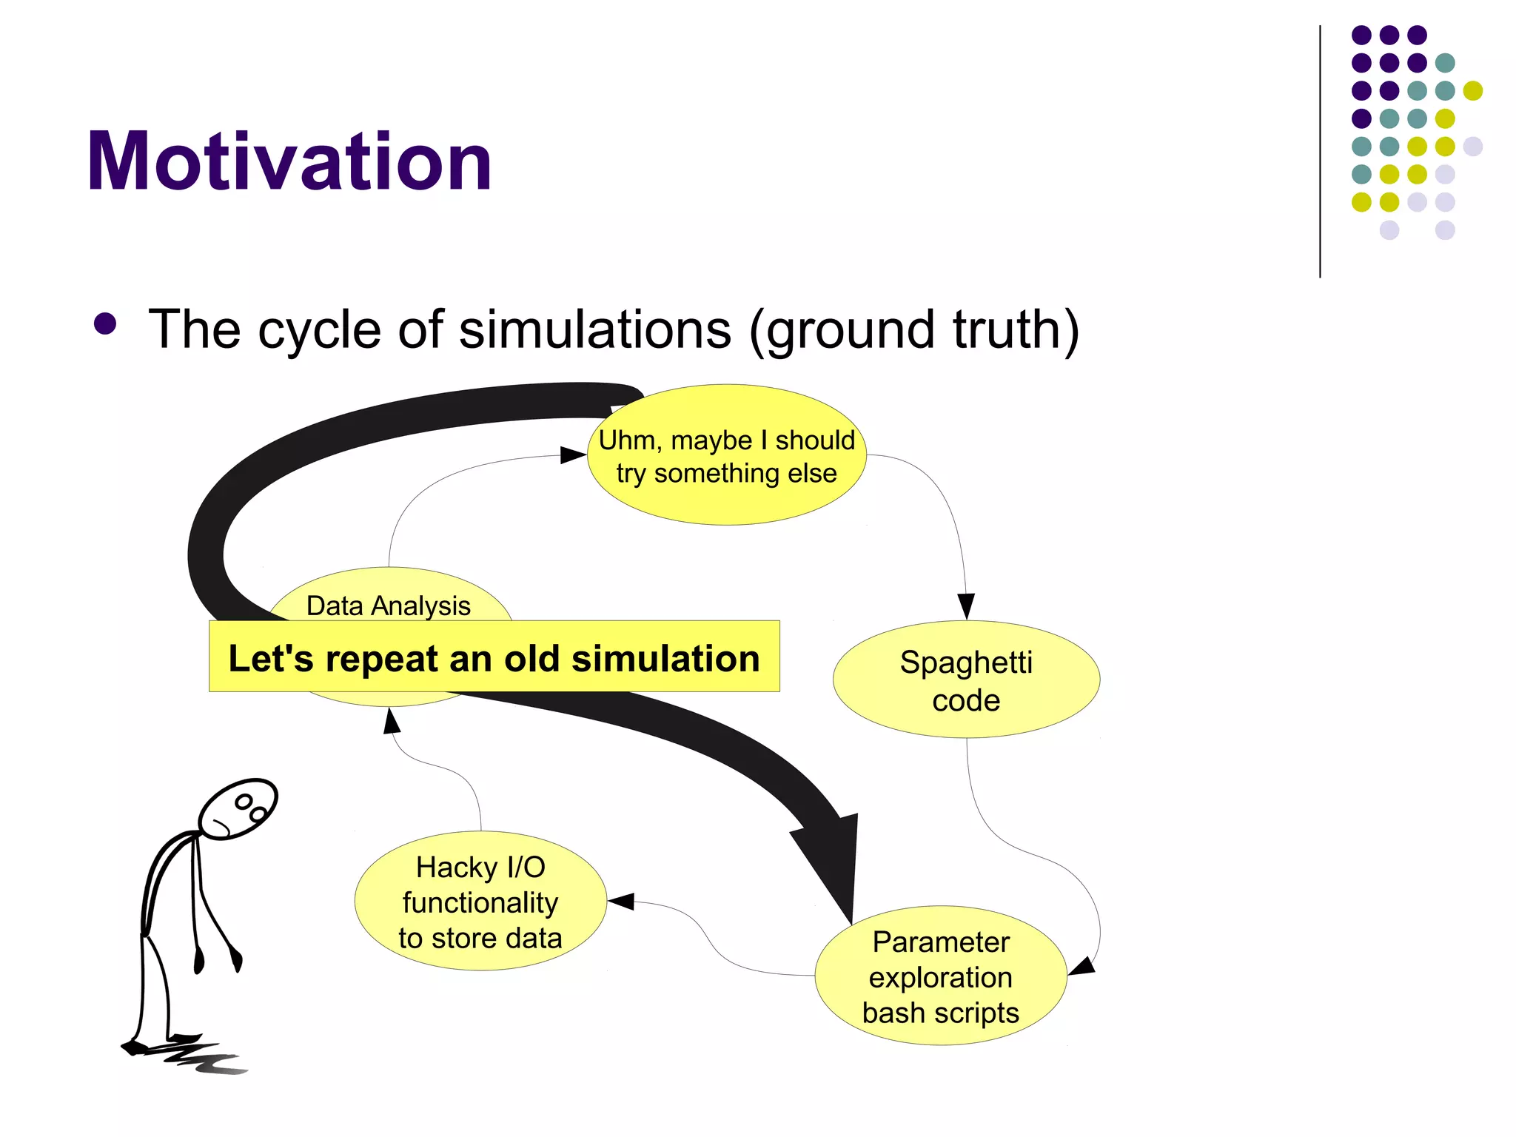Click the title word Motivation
[x=289, y=161]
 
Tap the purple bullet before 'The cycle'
[x=105, y=324]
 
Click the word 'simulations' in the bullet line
[x=594, y=329]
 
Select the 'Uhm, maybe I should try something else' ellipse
[x=726, y=456]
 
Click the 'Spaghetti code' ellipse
[x=966, y=680]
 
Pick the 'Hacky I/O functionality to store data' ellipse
[x=480, y=902]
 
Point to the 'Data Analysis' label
[x=388, y=606]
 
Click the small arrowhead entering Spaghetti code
[x=965, y=606]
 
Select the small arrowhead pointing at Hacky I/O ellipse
[x=620, y=902]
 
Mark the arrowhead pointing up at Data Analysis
[x=392, y=720]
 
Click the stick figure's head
[x=238, y=808]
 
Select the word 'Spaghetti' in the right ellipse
[x=965, y=662]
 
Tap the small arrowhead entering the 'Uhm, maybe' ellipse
[x=572, y=455]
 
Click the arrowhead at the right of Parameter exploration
[x=1081, y=967]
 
